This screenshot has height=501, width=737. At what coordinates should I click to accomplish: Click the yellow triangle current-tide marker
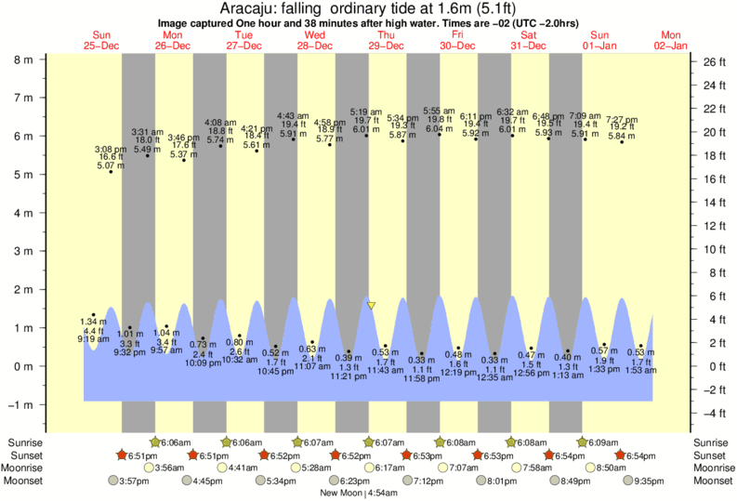[x=371, y=305]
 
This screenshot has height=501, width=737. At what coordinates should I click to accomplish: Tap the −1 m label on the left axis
[x=18, y=404]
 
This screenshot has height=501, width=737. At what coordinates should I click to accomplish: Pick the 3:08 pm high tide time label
[x=111, y=149]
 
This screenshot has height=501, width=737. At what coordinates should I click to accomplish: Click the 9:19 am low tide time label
[x=93, y=340]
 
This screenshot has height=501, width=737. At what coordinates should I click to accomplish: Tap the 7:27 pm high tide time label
[x=622, y=120]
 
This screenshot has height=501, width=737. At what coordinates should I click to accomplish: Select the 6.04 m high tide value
[x=439, y=129]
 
